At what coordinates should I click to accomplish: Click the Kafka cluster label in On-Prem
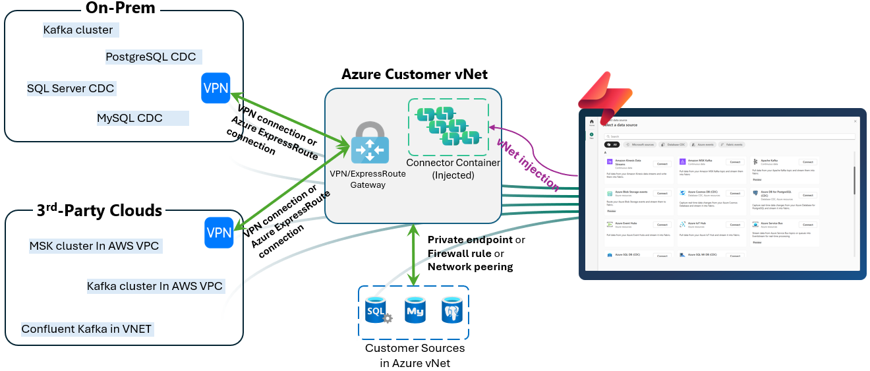(x=78, y=30)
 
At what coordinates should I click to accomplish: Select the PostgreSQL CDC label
(x=151, y=57)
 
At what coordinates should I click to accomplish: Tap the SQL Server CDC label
(x=71, y=88)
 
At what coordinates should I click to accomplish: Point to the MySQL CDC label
(x=130, y=118)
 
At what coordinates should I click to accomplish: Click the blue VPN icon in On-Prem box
(x=216, y=88)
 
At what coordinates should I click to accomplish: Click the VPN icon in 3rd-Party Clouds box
(x=219, y=233)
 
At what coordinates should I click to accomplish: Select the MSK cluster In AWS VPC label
(x=94, y=246)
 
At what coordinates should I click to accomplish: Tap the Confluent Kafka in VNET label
(x=87, y=329)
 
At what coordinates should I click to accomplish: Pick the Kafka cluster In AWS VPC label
(x=155, y=286)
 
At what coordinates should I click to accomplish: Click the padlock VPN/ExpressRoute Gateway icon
(x=369, y=143)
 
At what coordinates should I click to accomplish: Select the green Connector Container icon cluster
(x=448, y=125)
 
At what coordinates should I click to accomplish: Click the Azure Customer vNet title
(x=414, y=74)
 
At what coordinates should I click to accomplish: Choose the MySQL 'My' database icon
(x=415, y=309)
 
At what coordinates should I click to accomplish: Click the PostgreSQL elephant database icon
(x=452, y=309)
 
